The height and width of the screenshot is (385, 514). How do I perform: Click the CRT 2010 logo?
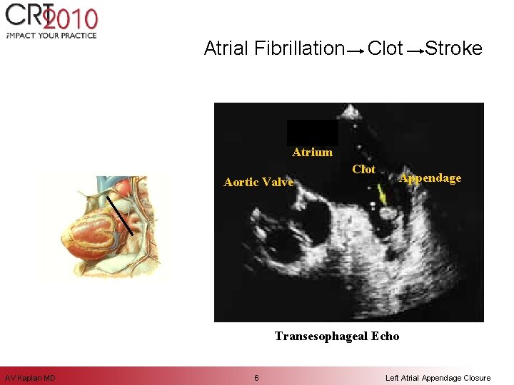coord(50,19)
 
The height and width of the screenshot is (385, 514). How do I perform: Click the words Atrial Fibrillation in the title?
coord(274,48)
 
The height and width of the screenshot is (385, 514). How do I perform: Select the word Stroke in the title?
coord(453,48)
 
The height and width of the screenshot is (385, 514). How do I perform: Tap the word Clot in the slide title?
coord(385,48)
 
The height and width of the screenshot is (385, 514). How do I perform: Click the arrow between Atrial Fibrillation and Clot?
coord(355,51)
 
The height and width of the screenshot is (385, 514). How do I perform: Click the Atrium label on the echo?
coord(312,152)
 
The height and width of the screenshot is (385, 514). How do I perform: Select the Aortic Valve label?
coord(258,182)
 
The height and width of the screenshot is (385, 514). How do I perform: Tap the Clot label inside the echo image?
coord(363,169)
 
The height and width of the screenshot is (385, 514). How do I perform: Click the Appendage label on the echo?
coord(430,178)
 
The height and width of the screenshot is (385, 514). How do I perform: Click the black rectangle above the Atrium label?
coord(312,133)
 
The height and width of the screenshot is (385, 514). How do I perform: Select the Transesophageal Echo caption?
coord(337,336)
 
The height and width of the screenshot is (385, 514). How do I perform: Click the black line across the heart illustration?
coord(120,215)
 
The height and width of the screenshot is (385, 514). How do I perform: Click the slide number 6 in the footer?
coord(256,378)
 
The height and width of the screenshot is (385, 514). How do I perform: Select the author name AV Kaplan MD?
coord(30,378)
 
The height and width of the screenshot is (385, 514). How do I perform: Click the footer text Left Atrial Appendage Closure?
coord(438,378)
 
